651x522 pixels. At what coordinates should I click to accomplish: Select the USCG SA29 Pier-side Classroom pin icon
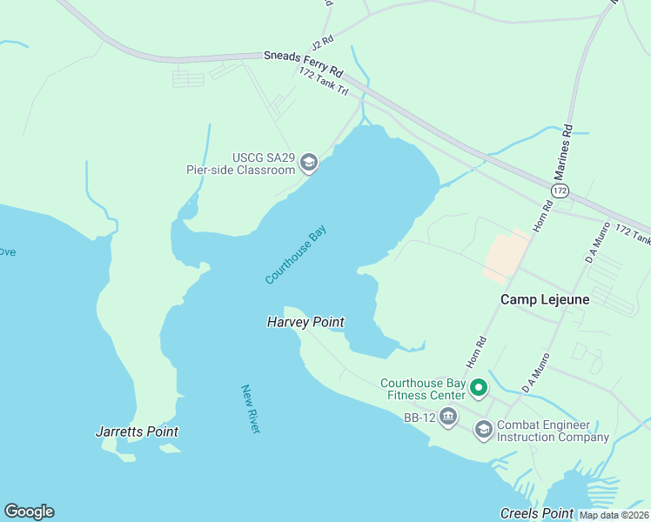coord(308,163)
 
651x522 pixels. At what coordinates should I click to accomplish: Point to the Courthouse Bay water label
coord(296,255)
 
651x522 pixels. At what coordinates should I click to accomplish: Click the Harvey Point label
coord(305,323)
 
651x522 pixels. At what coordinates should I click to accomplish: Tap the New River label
coord(252,409)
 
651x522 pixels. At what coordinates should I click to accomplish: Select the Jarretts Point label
coord(137,432)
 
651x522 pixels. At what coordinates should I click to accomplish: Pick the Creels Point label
coord(537,513)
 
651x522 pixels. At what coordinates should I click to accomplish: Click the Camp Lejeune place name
coord(545,299)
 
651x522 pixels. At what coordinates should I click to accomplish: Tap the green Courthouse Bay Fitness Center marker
coord(478,387)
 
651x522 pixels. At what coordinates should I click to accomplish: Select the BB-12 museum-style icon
coord(447,418)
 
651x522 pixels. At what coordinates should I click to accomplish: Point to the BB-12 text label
coord(419,418)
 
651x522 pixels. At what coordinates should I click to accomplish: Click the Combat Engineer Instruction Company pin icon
coord(483,430)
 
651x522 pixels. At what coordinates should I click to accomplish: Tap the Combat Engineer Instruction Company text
coord(553,431)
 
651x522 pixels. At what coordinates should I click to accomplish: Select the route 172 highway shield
coord(560,190)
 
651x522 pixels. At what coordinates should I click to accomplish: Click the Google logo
coord(29,512)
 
